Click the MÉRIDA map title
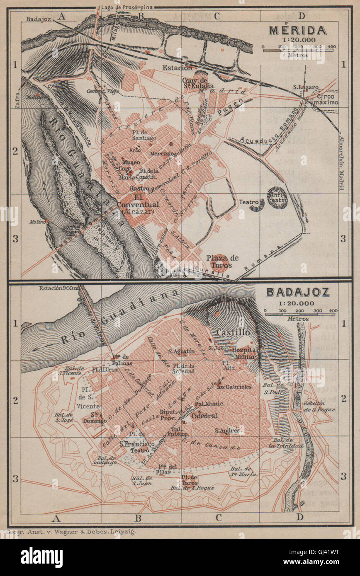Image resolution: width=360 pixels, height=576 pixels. coord(297,31)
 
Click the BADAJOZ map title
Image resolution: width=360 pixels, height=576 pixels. coord(298,292)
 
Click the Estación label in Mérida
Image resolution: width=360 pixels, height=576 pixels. coord(178,68)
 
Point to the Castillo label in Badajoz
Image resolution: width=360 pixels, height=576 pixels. coord(233,332)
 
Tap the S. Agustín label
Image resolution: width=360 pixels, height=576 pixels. coord(181,351)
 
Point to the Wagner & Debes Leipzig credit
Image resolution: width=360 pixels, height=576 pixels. coord(71,531)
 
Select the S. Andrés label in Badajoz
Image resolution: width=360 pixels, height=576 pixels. coord(227,431)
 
